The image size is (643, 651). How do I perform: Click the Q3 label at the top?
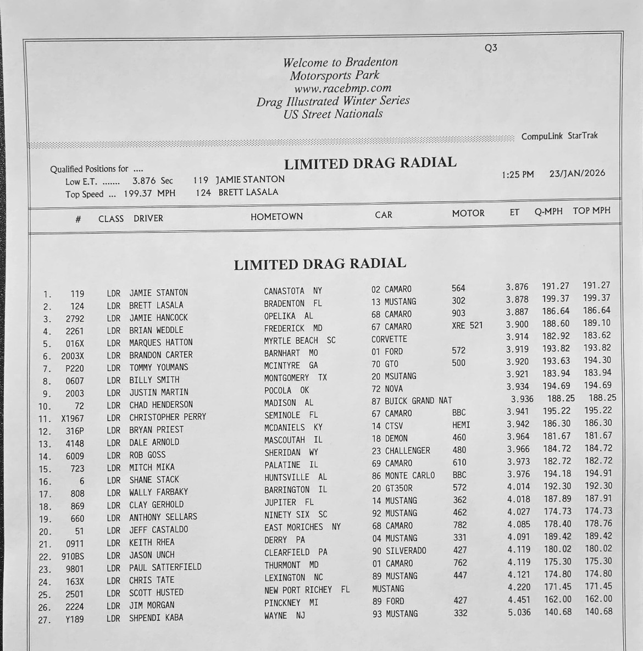pos(491,48)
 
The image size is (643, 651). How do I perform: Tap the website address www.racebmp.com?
pos(342,88)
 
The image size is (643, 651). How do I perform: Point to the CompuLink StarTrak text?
pos(559,136)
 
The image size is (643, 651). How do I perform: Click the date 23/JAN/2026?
pos(577,174)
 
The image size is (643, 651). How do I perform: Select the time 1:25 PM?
pos(518,175)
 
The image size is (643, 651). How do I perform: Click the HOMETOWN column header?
pos(276,217)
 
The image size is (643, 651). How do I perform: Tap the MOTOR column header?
pos(468,213)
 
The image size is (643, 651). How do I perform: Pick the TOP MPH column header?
pos(591,211)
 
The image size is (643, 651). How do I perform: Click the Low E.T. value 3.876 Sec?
pos(152,181)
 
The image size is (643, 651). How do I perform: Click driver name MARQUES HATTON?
pos(161,343)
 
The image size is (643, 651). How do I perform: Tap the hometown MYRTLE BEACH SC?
pos(300,341)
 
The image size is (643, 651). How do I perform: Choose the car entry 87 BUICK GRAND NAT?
pos(412,401)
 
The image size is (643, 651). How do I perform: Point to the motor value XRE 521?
pos(467,325)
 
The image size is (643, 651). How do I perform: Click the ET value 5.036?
pos(519,612)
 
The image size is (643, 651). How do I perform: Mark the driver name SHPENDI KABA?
pos(156,618)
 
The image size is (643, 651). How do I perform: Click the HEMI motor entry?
pos(461,425)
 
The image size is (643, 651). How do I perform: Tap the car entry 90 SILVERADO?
pos(398,551)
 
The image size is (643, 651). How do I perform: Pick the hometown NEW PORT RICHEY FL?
pos(307,591)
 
